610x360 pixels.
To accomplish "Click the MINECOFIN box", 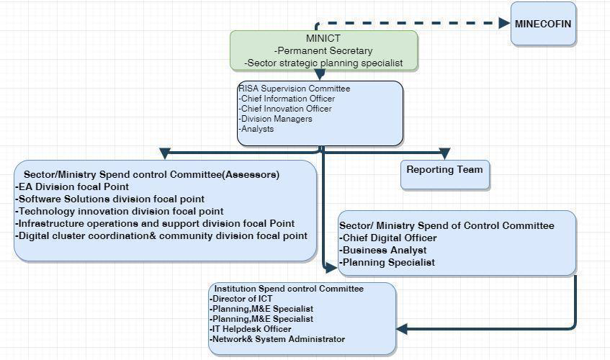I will click(x=543, y=24).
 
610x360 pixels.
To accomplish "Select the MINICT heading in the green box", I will click(x=323, y=39).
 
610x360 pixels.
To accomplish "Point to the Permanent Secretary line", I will click(x=323, y=51).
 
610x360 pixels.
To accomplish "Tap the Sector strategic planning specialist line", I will click(x=323, y=63).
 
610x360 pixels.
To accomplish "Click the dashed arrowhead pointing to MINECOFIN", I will click(x=504, y=23).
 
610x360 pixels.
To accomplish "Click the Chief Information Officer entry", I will click(x=287, y=99).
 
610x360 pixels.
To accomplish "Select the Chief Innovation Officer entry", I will click(x=286, y=109).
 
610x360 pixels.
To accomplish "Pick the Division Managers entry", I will click(x=276, y=119).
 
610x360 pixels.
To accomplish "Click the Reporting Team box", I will click(x=444, y=170).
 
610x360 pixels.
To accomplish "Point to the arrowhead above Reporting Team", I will click(x=444, y=153).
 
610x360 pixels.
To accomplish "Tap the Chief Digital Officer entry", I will click(x=388, y=238).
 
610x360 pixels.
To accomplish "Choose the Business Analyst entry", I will click(x=383, y=250).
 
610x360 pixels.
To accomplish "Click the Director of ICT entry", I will click(x=241, y=299).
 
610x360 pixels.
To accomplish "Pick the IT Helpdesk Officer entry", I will click(x=251, y=329).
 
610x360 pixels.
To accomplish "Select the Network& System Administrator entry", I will click(x=277, y=339).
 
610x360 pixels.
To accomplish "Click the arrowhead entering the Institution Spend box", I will click(x=402, y=329).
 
